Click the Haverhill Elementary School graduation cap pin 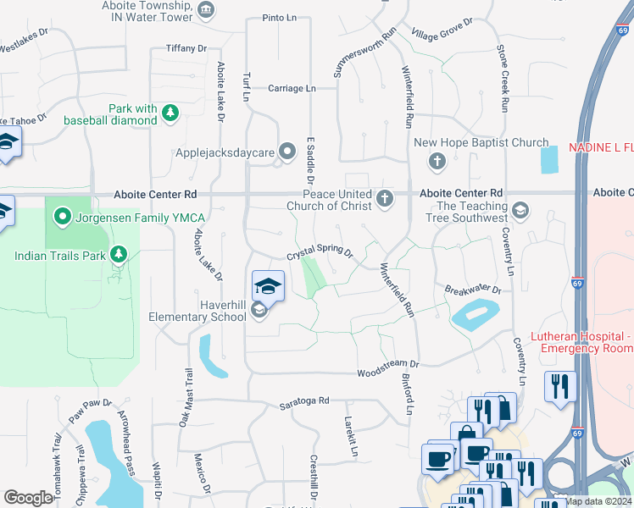[268, 285]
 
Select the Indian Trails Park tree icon [119, 255]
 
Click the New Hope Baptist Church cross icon [437, 161]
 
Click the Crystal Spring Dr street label [319, 253]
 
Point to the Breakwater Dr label [473, 290]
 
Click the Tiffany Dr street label [186, 49]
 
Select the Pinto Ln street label [279, 17]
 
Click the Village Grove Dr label [442, 31]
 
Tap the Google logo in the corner [28, 497]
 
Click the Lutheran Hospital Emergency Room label [581, 342]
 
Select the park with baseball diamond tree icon [170, 113]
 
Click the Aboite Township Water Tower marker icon [206, 10]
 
